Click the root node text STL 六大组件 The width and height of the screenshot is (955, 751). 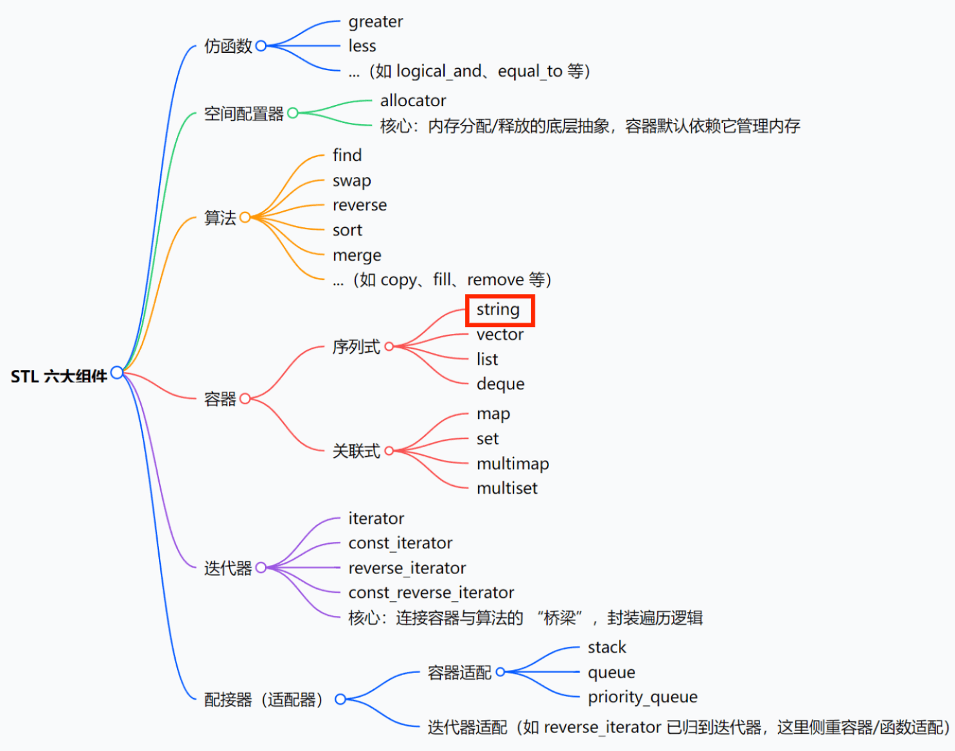click(x=59, y=376)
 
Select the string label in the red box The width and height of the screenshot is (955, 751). click(x=498, y=310)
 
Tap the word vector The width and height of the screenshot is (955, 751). click(x=500, y=335)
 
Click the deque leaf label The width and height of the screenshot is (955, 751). click(x=500, y=384)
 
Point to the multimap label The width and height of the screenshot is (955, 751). click(x=512, y=463)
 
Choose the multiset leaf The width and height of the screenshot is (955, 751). click(x=506, y=488)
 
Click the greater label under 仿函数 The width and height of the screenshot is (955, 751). click(x=375, y=22)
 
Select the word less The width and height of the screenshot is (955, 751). click(x=362, y=46)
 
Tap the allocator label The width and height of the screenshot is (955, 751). click(x=413, y=100)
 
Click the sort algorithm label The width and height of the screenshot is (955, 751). click(x=347, y=230)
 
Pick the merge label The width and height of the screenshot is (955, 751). click(x=357, y=255)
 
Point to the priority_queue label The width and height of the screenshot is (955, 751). click(x=642, y=697)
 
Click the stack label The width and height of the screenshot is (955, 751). click(x=606, y=647)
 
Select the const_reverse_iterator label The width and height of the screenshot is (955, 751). click(x=431, y=593)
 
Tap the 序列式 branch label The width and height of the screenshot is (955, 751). click(x=356, y=347)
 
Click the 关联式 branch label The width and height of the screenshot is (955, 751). click(x=356, y=451)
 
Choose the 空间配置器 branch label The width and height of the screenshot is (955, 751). click(x=243, y=114)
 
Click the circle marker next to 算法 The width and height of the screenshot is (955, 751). click(x=245, y=218)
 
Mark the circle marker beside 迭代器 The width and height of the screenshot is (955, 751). click(x=261, y=568)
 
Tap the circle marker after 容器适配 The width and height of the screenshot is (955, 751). click(x=501, y=672)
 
